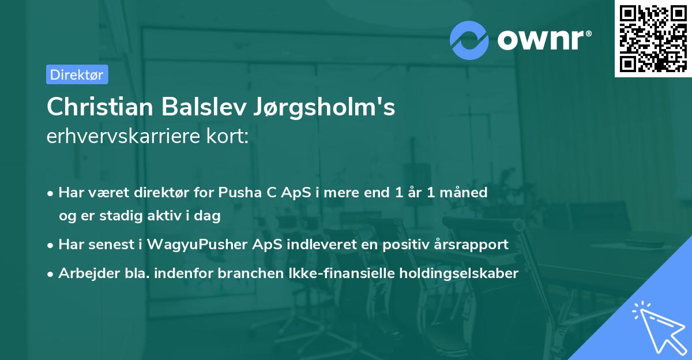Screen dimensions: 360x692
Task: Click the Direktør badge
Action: [x=77, y=74]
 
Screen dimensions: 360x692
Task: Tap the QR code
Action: [x=653, y=39]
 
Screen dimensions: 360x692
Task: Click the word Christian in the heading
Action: [x=99, y=107]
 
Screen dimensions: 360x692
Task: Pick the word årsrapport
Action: [x=472, y=245]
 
